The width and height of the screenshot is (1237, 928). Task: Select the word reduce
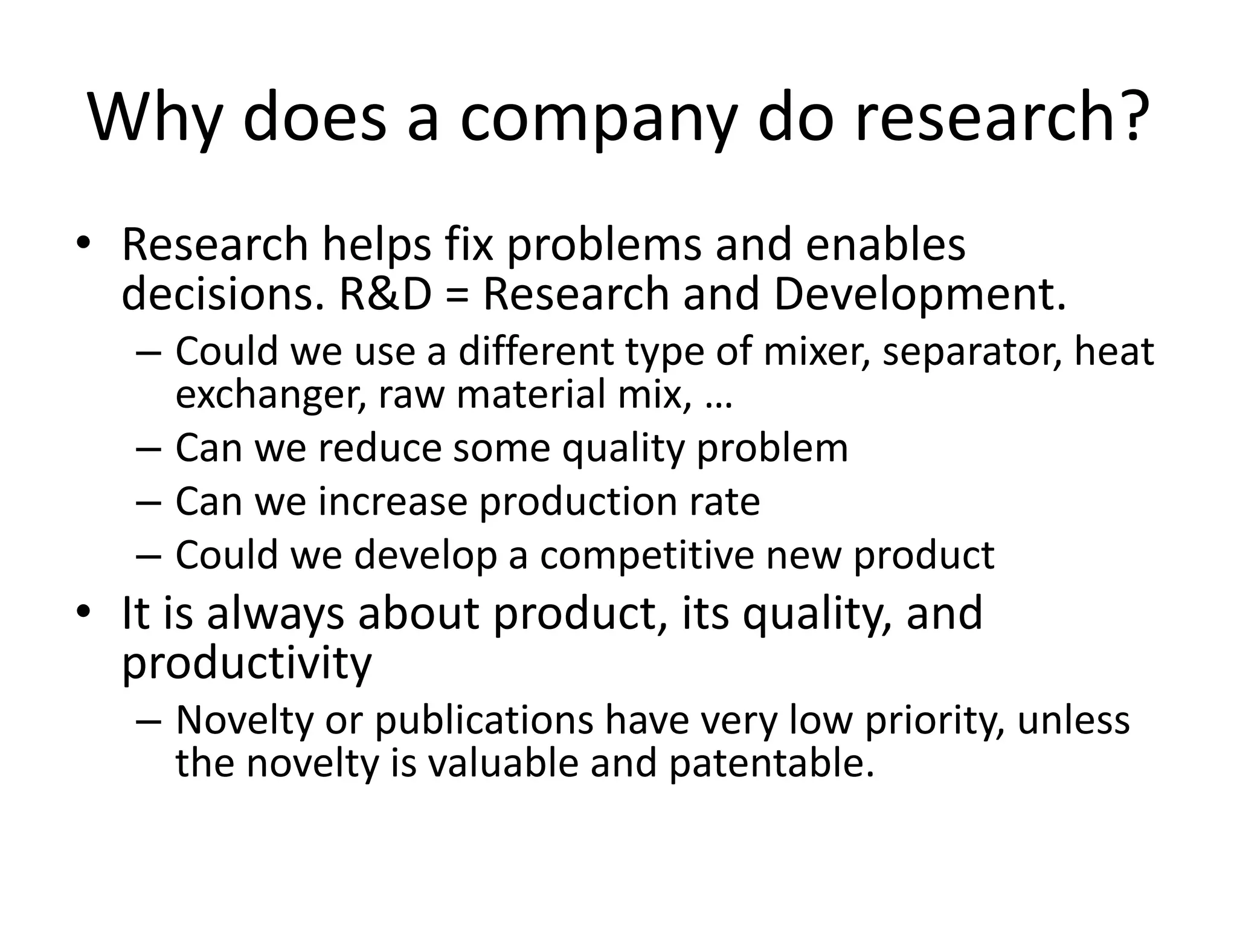click(381, 448)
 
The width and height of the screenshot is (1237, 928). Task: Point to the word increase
click(393, 501)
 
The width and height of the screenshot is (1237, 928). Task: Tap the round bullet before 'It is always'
click(83, 613)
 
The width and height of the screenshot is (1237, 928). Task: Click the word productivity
click(246, 663)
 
